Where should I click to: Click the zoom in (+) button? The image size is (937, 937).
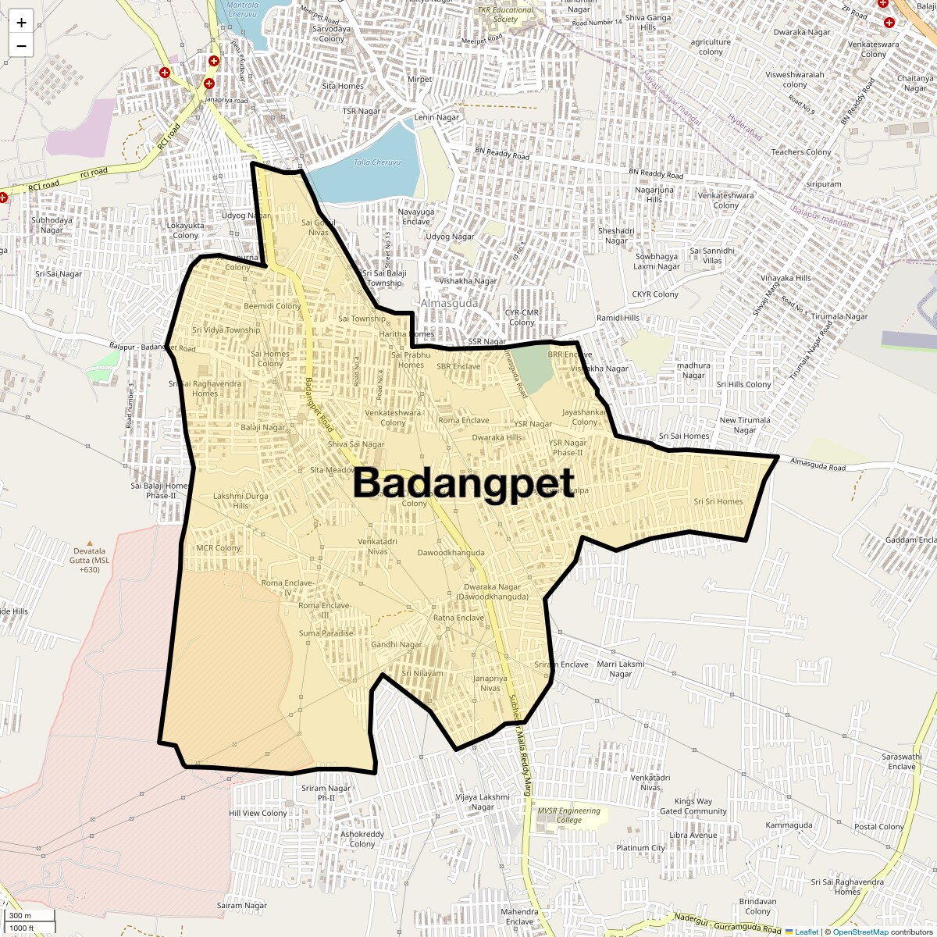21,22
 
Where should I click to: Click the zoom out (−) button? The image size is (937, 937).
21,46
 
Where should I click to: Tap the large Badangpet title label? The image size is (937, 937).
464,483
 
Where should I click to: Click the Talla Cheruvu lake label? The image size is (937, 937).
377,162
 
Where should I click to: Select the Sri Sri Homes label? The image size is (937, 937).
718,502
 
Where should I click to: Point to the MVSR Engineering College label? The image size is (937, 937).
568,815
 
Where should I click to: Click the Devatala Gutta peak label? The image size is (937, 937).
90,560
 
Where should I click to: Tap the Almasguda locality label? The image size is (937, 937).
449,303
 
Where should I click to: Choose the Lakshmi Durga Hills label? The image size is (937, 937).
240,501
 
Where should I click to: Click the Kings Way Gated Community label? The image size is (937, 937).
693,806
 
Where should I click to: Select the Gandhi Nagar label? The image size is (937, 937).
397,645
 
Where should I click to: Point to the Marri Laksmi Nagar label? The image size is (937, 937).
621,669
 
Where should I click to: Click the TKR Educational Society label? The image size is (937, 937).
506,15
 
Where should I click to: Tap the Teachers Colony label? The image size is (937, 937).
801,152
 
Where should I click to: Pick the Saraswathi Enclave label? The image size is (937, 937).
901,761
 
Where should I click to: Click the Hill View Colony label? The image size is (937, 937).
258,813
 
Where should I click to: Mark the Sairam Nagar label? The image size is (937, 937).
242,906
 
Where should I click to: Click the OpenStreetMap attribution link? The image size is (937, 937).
860,932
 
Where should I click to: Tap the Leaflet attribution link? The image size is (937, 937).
807,932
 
